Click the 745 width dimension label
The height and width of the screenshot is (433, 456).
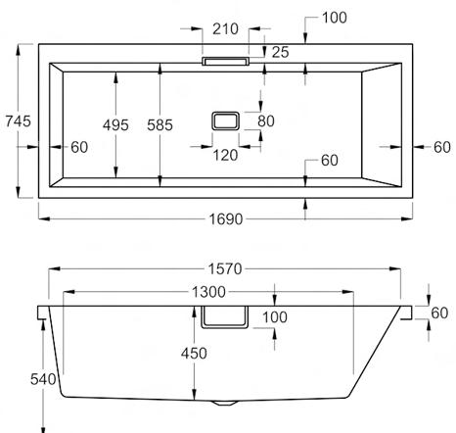coord(19,121)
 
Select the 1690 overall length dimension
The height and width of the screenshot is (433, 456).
coord(226,219)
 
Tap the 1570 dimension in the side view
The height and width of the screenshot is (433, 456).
coord(225,269)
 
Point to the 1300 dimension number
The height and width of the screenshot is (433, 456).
coord(208,292)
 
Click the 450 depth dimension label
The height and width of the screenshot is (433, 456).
coord(194,354)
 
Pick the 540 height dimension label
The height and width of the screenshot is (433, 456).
coord(43,379)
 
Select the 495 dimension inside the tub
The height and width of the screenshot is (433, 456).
coord(115,125)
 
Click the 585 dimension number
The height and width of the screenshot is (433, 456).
coord(160,125)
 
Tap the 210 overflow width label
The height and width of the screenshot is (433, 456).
coord(225,29)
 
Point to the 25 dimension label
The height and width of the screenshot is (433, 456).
coord(281,52)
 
